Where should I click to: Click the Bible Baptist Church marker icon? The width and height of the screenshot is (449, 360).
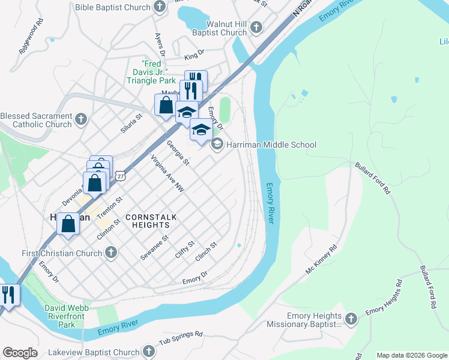click(160, 7)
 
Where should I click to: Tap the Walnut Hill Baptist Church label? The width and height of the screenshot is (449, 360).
click(218, 28)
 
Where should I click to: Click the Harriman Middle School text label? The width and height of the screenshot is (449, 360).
click(271, 145)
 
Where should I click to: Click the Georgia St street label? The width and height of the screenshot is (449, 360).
click(178, 153)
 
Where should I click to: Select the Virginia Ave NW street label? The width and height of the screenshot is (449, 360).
click(167, 174)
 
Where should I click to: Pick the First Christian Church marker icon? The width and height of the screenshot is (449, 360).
click(110, 253)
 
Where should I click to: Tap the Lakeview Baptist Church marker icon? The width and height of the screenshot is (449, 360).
click(148, 352)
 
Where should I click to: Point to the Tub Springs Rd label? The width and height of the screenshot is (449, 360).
click(181, 338)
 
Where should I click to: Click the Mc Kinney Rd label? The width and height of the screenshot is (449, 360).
click(322, 260)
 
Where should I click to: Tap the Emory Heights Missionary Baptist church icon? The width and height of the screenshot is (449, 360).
click(352, 319)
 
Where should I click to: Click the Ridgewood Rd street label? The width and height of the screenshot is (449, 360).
click(31, 37)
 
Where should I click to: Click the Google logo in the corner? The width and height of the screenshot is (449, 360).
click(20, 353)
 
